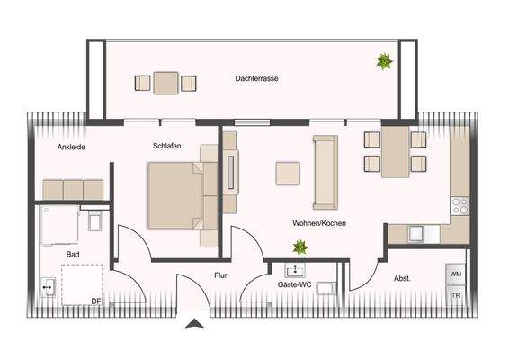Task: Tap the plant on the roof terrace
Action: click(x=384, y=61)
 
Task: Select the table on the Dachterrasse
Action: click(x=165, y=83)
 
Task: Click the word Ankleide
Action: click(x=71, y=147)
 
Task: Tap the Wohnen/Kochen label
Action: click(x=319, y=223)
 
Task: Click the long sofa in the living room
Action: click(x=325, y=170)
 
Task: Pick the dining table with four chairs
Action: click(x=395, y=151)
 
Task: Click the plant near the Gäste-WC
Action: click(x=299, y=247)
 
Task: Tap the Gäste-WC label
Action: click(x=293, y=284)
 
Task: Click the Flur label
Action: click(x=221, y=275)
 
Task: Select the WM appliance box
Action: click(x=456, y=273)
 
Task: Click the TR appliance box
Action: click(x=456, y=295)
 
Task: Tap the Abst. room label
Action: click(x=402, y=279)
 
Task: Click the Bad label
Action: click(x=73, y=256)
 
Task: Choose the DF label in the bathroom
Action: click(x=95, y=301)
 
